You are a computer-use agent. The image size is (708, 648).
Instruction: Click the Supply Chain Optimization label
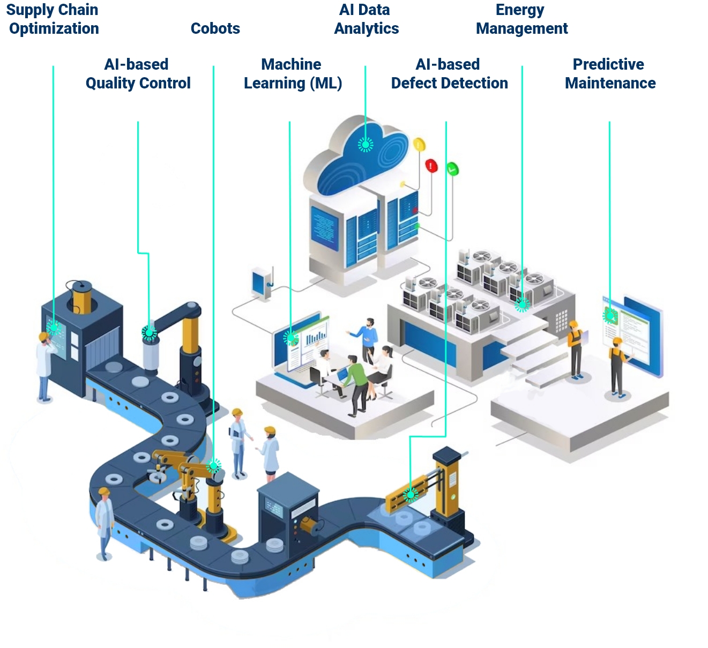[x=53, y=19]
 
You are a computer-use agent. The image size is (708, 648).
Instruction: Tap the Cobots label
[x=215, y=28]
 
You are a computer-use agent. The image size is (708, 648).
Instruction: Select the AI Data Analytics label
[x=366, y=19]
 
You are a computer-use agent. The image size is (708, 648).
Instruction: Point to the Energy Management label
[x=521, y=19]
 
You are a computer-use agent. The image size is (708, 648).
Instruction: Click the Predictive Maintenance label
[x=610, y=73]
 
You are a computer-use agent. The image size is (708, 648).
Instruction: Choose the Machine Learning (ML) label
[x=293, y=73]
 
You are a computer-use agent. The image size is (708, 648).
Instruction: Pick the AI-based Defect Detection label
[x=449, y=73]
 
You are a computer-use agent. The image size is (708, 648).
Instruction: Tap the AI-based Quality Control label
[x=138, y=73]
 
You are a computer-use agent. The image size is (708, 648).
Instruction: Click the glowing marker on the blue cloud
[x=366, y=144]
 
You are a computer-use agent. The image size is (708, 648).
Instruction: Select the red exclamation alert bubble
[x=431, y=165]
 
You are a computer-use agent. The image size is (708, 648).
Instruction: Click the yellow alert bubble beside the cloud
[x=419, y=144]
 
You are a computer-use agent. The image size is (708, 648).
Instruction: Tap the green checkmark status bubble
[x=452, y=169]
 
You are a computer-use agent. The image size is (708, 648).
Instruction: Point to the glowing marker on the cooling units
[x=522, y=304]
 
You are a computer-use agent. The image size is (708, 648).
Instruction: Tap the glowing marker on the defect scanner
[x=411, y=494]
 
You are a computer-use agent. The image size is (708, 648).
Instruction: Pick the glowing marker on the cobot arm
[x=214, y=465]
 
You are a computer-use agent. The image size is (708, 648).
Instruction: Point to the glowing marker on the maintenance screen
[x=610, y=316]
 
